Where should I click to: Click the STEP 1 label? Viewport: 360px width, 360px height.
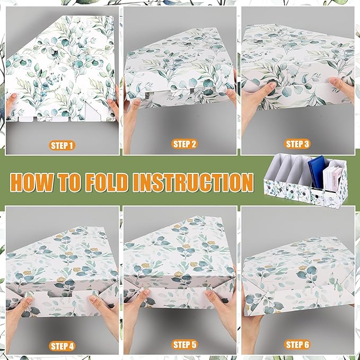coord(62,145)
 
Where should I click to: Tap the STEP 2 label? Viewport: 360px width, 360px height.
coord(185,144)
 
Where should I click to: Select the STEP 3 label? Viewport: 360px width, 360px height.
coord(297,144)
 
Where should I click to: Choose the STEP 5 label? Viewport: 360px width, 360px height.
coord(185,345)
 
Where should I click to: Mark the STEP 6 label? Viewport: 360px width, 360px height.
coord(297,345)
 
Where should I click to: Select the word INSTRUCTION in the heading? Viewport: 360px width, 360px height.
coord(192,182)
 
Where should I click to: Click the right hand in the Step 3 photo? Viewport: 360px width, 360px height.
coord(340,88)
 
